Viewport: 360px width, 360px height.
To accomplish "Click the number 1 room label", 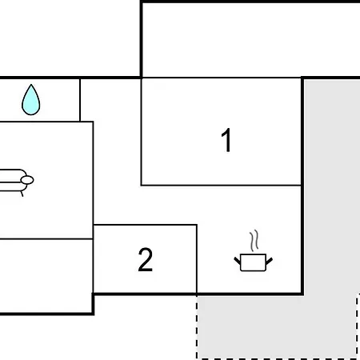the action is click(x=226, y=140).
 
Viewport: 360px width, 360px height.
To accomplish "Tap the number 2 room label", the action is click(x=146, y=260).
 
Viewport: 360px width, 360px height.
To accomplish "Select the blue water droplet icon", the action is click(x=31, y=100).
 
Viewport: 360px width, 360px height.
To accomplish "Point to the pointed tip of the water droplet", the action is click(x=31, y=85).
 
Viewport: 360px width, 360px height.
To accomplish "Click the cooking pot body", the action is click(x=253, y=262).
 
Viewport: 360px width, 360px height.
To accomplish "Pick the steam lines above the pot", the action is click(x=254, y=241).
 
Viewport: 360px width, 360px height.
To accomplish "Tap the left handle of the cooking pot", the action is click(x=237, y=261).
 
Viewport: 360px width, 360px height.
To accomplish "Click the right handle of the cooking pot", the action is click(x=269, y=261).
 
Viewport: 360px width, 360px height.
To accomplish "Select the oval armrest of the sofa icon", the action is click(x=27, y=180).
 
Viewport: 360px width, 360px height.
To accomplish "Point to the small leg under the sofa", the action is click(x=22, y=194).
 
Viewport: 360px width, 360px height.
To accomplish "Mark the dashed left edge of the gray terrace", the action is click(x=197, y=326).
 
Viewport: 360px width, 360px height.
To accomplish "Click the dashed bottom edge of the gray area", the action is click(x=278, y=358).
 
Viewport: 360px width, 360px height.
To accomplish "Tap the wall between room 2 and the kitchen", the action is click(x=197, y=259).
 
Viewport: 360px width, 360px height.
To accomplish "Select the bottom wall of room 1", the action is click(x=222, y=185).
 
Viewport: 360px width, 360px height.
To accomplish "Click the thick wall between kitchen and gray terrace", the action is click(x=302, y=186).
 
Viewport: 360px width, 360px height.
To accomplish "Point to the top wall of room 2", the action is click(x=145, y=225).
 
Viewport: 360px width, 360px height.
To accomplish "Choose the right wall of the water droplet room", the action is click(x=80, y=100).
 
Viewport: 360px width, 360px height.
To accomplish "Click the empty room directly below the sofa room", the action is click(x=46, y=275).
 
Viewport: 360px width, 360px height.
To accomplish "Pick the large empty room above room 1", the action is click(x=250, y=40).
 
